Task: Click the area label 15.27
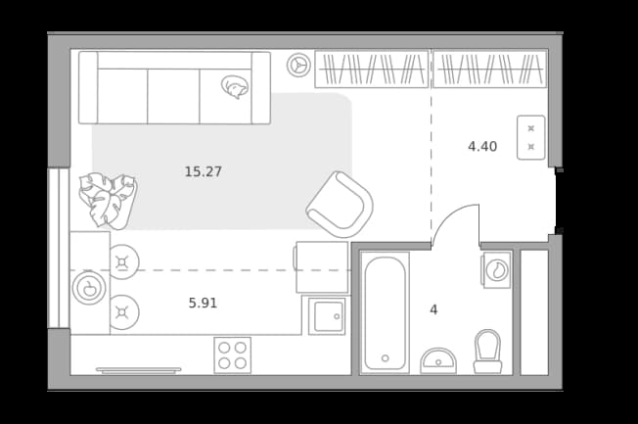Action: pyautogui.click(x=204, y=171)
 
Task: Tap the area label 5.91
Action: pyautogui.click(x=203, y=303)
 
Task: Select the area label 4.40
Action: pyautogui.click(x=482, y=146)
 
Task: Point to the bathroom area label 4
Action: pyautogui.click(x=433, y=310)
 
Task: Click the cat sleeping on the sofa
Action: pyautogui.click(x=235, y=87)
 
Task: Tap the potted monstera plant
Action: pyautogui.click(x=108, y=200)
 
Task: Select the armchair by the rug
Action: pyautogui.click(x=340, y=205)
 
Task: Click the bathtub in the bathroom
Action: pyautogui.click(x=385, y=312)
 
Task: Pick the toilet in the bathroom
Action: pyautogui.click(x=487, y=352)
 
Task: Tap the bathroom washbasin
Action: pyautogui.click(x=438, y=361)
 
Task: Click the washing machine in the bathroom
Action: pyautogui.click(x=496, y=270)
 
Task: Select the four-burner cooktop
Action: pyautogui.click(x=232, y=355)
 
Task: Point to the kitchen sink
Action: pyautogui.click(x=327, y=316)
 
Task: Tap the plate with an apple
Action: pyautogui.click(x=89, y=288)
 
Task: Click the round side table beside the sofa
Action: pyautogui.click(x=298, y=66)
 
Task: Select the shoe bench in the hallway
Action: pyautogui.click(x=531, y=138)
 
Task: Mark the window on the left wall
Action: pyautogui.click(x=59, y=248)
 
